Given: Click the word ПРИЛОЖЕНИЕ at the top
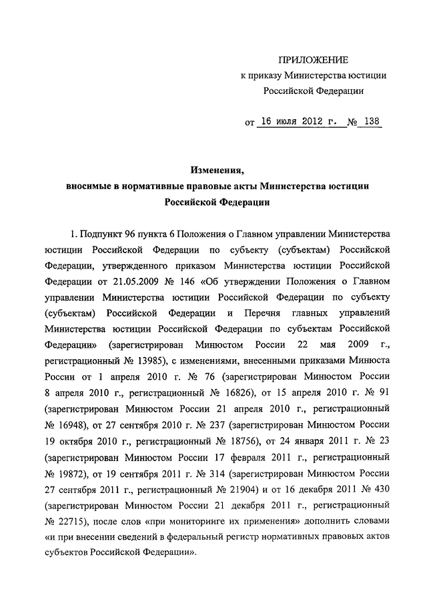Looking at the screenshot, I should [x=313, y=60].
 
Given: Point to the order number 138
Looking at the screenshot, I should [x=369, y=123].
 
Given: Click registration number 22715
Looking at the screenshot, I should [x=73, y=520].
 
